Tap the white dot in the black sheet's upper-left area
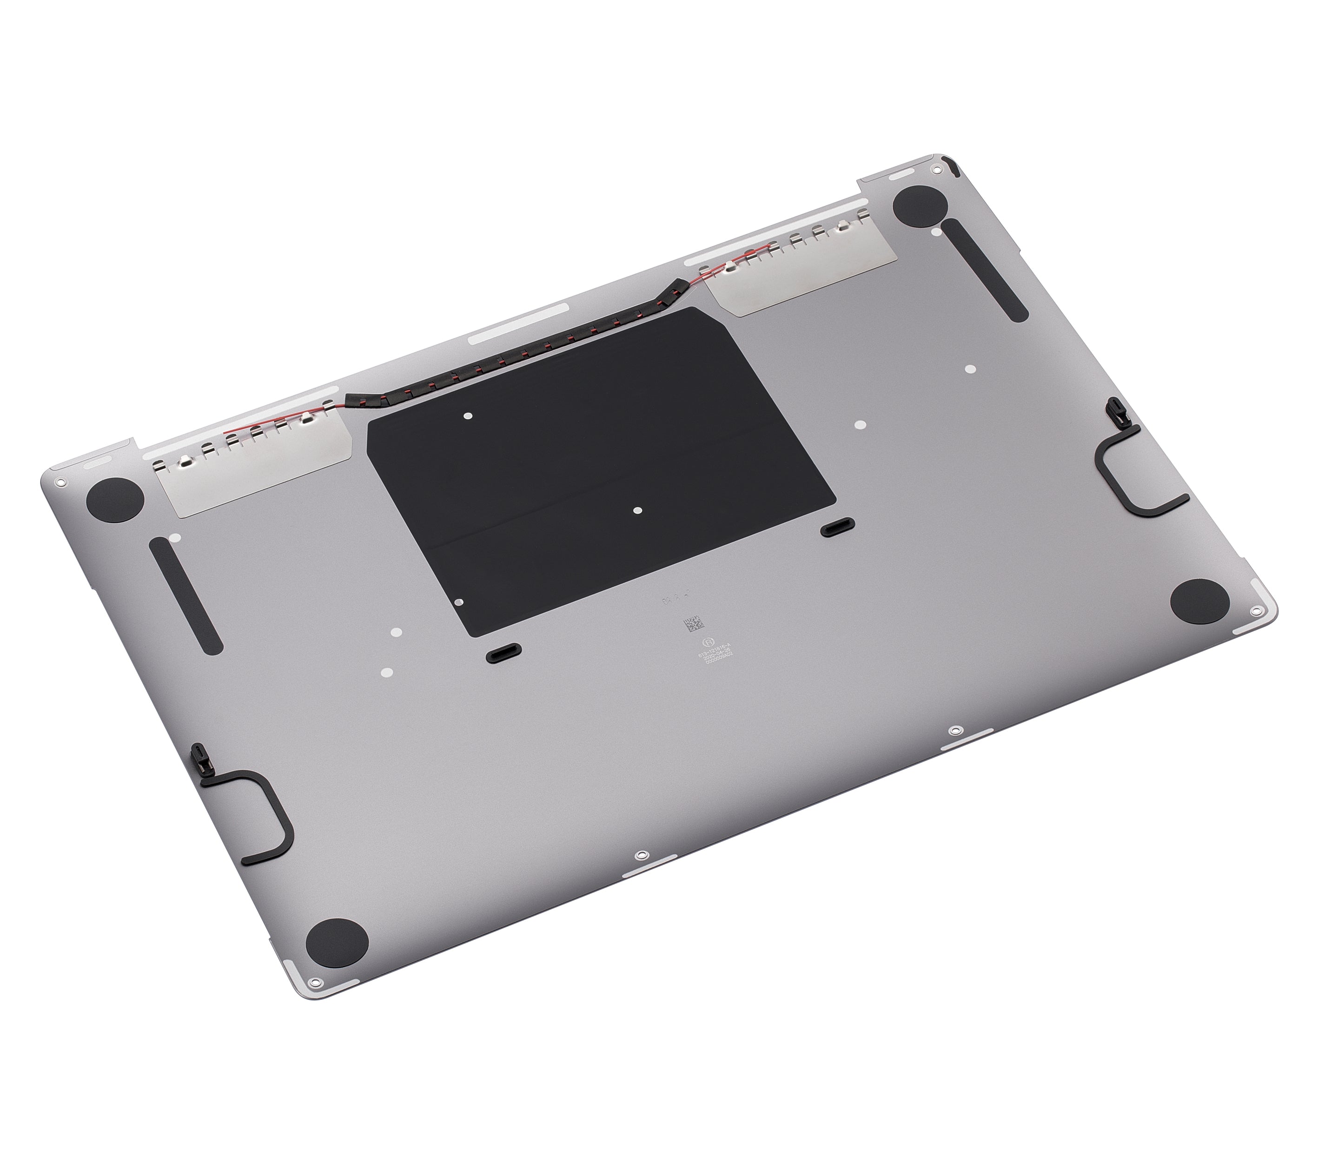(468, 416)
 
